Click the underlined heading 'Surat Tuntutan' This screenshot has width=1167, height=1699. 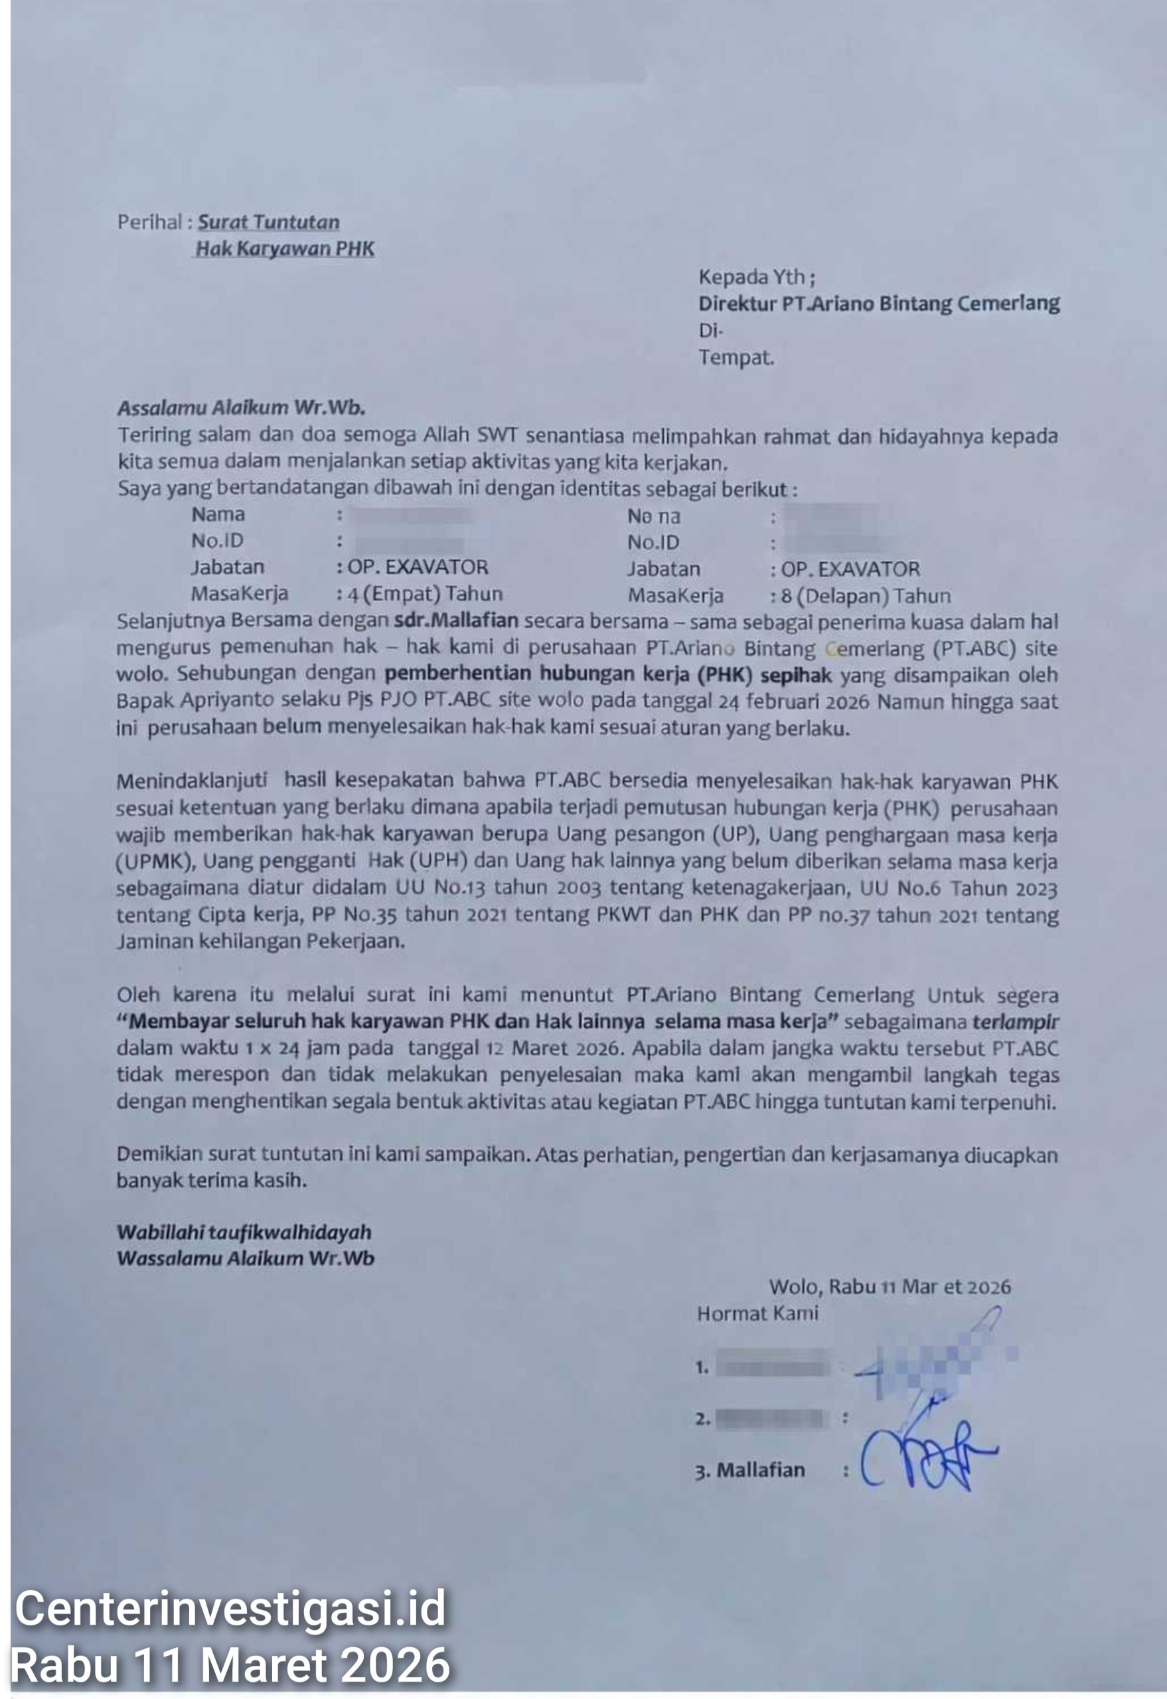[x=268, y=222]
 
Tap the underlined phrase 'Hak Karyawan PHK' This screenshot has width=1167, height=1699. [x=284, y=250]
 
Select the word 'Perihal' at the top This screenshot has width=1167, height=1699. [x=150, y=222]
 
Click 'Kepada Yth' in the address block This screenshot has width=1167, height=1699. [x=751, y=277]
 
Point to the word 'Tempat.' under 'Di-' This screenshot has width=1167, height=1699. [x=736, y=358]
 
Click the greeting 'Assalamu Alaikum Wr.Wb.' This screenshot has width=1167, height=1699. [x=241, y=408]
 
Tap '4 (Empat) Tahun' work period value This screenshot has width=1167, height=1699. [x=425, y=593]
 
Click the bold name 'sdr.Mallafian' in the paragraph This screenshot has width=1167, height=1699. [x=456, y=621]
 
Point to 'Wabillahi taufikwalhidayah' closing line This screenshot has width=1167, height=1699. [x=244, y=1232]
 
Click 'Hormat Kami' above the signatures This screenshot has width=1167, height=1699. [x=757, y=1313]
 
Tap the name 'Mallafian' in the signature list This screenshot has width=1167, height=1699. [x=761, y=1470]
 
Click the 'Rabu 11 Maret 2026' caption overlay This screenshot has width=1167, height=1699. [x=230, y=1664]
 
